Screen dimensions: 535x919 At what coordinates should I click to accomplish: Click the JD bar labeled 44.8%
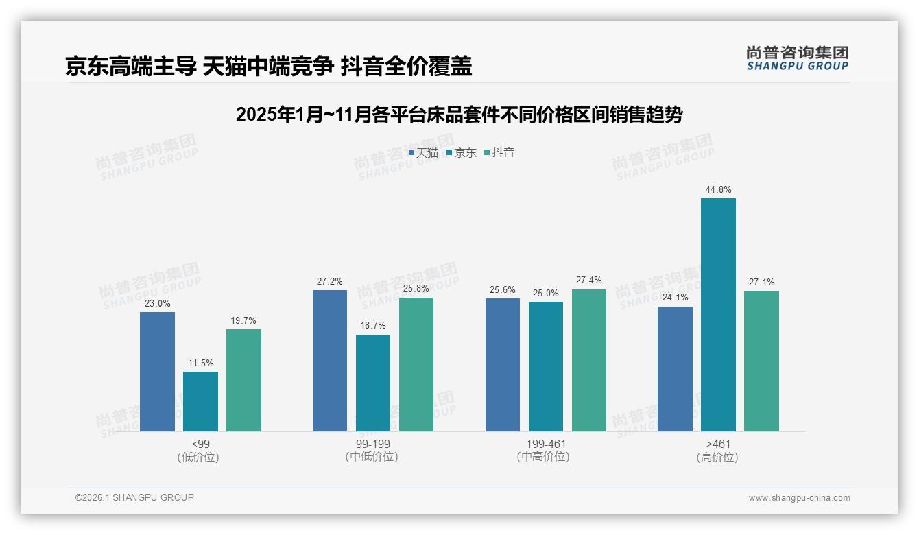(x=718, y=315)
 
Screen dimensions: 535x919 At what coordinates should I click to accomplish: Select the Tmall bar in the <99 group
(x=157, y=372)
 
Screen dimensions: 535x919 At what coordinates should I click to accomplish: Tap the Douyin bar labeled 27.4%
(x=589, y=360)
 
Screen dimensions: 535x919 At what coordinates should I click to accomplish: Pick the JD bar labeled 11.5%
(x=200, y=401)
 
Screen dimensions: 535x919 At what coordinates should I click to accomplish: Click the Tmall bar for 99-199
(x=330, y=361)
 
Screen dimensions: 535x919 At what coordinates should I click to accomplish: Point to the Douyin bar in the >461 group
(x=761, y=361)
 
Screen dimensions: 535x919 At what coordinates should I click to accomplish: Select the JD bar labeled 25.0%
(x=546, y=366)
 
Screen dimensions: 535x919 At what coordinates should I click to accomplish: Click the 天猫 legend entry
(x=423, y=152)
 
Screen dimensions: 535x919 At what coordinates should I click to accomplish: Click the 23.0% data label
(x=157, y=303)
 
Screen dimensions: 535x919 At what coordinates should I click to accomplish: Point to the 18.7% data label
(x=373, y=326)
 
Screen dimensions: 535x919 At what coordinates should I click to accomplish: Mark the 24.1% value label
(x=675, y=298)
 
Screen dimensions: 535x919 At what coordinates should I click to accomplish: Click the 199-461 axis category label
(x=546, y=444)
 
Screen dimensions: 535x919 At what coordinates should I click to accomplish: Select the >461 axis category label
(x=718, y=444)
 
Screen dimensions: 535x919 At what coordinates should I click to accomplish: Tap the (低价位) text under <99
(x=198, y=457)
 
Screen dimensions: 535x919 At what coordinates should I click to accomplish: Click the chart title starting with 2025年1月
(x=459, y=115)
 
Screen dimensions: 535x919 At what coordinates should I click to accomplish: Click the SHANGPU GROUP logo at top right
(x=797, y=58)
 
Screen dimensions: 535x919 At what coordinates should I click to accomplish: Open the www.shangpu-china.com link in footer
(x=799, y=497)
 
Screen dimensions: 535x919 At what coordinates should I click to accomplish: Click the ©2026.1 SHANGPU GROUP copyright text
(x=134, y=497)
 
